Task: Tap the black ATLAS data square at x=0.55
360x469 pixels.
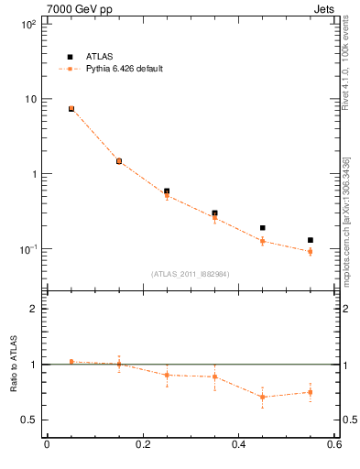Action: click(311, 240)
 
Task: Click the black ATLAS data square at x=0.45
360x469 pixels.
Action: click(263, 228)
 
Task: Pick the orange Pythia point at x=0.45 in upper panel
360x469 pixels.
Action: click(263, 241)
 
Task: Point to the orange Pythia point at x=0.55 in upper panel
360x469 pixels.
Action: click(311, 251)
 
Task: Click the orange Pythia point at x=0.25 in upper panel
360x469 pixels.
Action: click(167, 195)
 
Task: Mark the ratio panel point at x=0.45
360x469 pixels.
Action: click(263, 397)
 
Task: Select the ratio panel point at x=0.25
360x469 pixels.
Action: click(167, 375)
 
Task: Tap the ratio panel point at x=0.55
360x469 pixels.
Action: click(311, 392)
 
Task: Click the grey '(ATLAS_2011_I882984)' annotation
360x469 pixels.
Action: click(190, 273)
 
